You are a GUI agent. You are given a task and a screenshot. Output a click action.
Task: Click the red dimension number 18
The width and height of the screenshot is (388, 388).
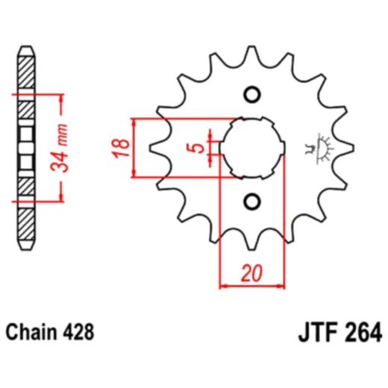point(121,148)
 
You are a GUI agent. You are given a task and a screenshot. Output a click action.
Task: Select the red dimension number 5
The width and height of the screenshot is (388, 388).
point(195,148)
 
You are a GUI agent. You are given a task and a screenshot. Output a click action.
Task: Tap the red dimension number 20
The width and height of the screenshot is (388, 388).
point(251,273)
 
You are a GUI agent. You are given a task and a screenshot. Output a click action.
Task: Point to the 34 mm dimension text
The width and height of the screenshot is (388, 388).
point(59,148)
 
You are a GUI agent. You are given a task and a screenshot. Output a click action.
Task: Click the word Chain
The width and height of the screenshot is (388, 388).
point(31,332)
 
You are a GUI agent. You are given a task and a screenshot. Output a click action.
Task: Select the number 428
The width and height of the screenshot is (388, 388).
point(78,332)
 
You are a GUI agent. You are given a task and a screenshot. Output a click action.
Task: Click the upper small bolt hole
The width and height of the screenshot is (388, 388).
point(252,95)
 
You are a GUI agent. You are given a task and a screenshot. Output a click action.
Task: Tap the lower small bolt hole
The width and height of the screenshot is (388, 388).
point(252,201)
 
